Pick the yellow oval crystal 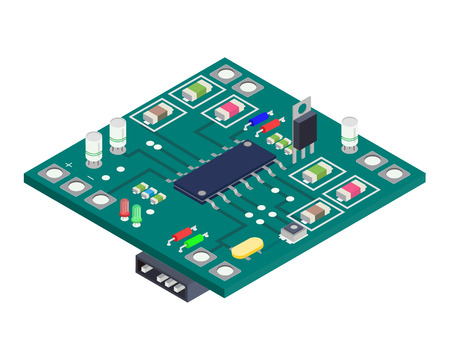point(245,250)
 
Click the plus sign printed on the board point(68,162)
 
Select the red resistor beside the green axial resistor point(182,233)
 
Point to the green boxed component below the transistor point(316,172)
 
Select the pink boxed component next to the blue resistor point(229,109)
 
